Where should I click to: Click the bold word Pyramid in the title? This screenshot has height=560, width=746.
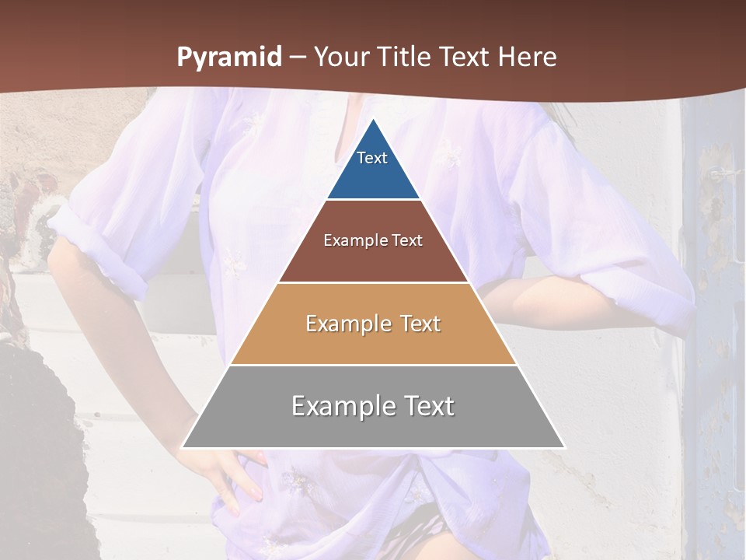228,58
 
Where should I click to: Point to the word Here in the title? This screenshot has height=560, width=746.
528,58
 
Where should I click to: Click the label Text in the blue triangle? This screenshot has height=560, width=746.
372,158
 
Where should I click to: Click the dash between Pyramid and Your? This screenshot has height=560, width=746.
298,58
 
